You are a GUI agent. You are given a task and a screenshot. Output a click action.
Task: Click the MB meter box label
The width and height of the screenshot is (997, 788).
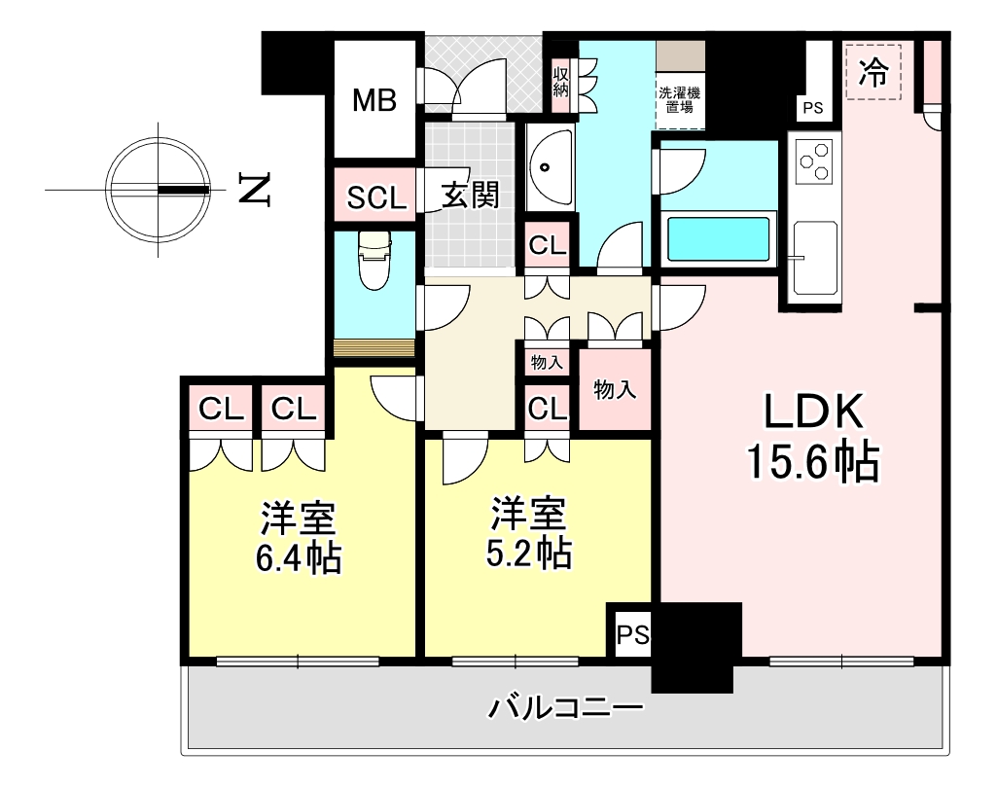click(374, 100)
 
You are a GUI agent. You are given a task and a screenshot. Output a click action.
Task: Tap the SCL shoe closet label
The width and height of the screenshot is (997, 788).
click(375, 198)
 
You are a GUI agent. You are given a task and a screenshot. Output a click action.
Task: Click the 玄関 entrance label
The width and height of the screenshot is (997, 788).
click(471, 195)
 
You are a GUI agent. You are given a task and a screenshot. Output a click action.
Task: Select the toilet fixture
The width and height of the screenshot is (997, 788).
click(374, 260)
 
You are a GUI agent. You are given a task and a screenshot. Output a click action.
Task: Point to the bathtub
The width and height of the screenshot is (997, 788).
click(719, 239)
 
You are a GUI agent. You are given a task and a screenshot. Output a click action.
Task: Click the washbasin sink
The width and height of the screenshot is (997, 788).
click(550, 168)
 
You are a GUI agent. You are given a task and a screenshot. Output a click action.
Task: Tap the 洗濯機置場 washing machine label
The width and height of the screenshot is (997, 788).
click(679, 100)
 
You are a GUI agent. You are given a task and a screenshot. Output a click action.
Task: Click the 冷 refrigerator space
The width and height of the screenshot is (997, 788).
click(873, 72)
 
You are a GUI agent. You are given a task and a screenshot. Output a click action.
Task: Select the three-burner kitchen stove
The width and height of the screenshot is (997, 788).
click(814, 161)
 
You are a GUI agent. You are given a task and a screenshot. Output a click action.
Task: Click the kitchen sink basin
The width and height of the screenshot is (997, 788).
click(815, 258)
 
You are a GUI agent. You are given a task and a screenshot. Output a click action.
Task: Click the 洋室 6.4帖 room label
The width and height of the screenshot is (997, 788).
click(299, 538)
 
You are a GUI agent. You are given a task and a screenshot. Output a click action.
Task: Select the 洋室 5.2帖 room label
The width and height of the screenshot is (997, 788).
click(529, 533)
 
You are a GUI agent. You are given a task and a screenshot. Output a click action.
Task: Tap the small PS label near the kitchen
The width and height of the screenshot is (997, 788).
click(812, 109)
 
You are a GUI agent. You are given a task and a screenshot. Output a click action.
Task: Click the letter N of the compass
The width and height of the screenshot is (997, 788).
click(255, 189)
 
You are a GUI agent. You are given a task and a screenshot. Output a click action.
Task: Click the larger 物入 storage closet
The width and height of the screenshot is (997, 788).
click(615, 389)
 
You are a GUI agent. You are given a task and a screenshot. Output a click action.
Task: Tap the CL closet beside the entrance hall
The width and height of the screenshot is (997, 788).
click(548, 245)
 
